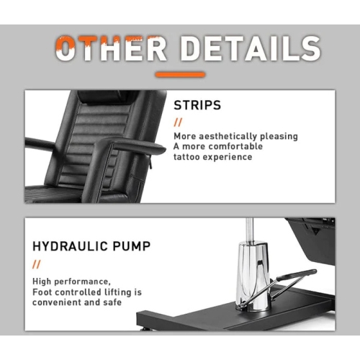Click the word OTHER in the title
pyautogui.click(x=112, y=48)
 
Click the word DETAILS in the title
pyautogui.click(x=251, y=48)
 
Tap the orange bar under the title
pyautogui.click(x=180, y=74)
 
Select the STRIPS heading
pyautogui.click(x=197, y=105)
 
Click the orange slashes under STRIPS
pyautogui.click(x=178, y=122)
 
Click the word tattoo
pyautogui.click(x=186, y=157)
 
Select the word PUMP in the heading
pyautogui.click(x=132, y=246)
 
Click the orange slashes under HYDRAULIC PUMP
pyautogui.click(x=37, y=264)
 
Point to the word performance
pyautogui.click(x=82, y=282)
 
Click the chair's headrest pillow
pyautogui.click(x=106, y=97)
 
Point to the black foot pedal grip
pyautogui.click(x=297, y=275)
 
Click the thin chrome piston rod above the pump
pyautogui.click(x=250, y=230)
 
